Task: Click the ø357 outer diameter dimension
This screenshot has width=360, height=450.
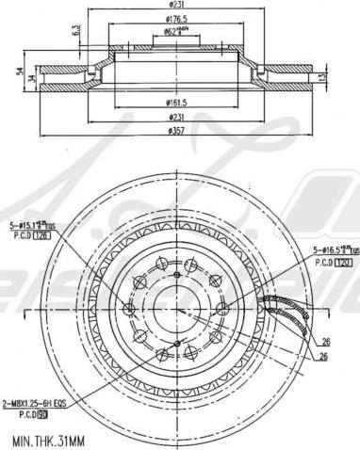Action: coord(176,130)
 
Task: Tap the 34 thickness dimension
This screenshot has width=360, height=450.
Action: coord(33,78)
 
